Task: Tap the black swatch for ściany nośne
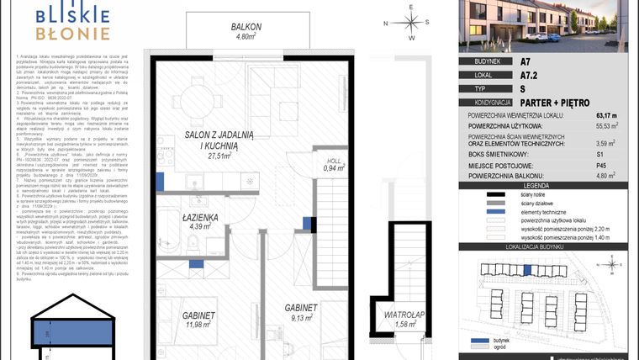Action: tap(488, 194)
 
